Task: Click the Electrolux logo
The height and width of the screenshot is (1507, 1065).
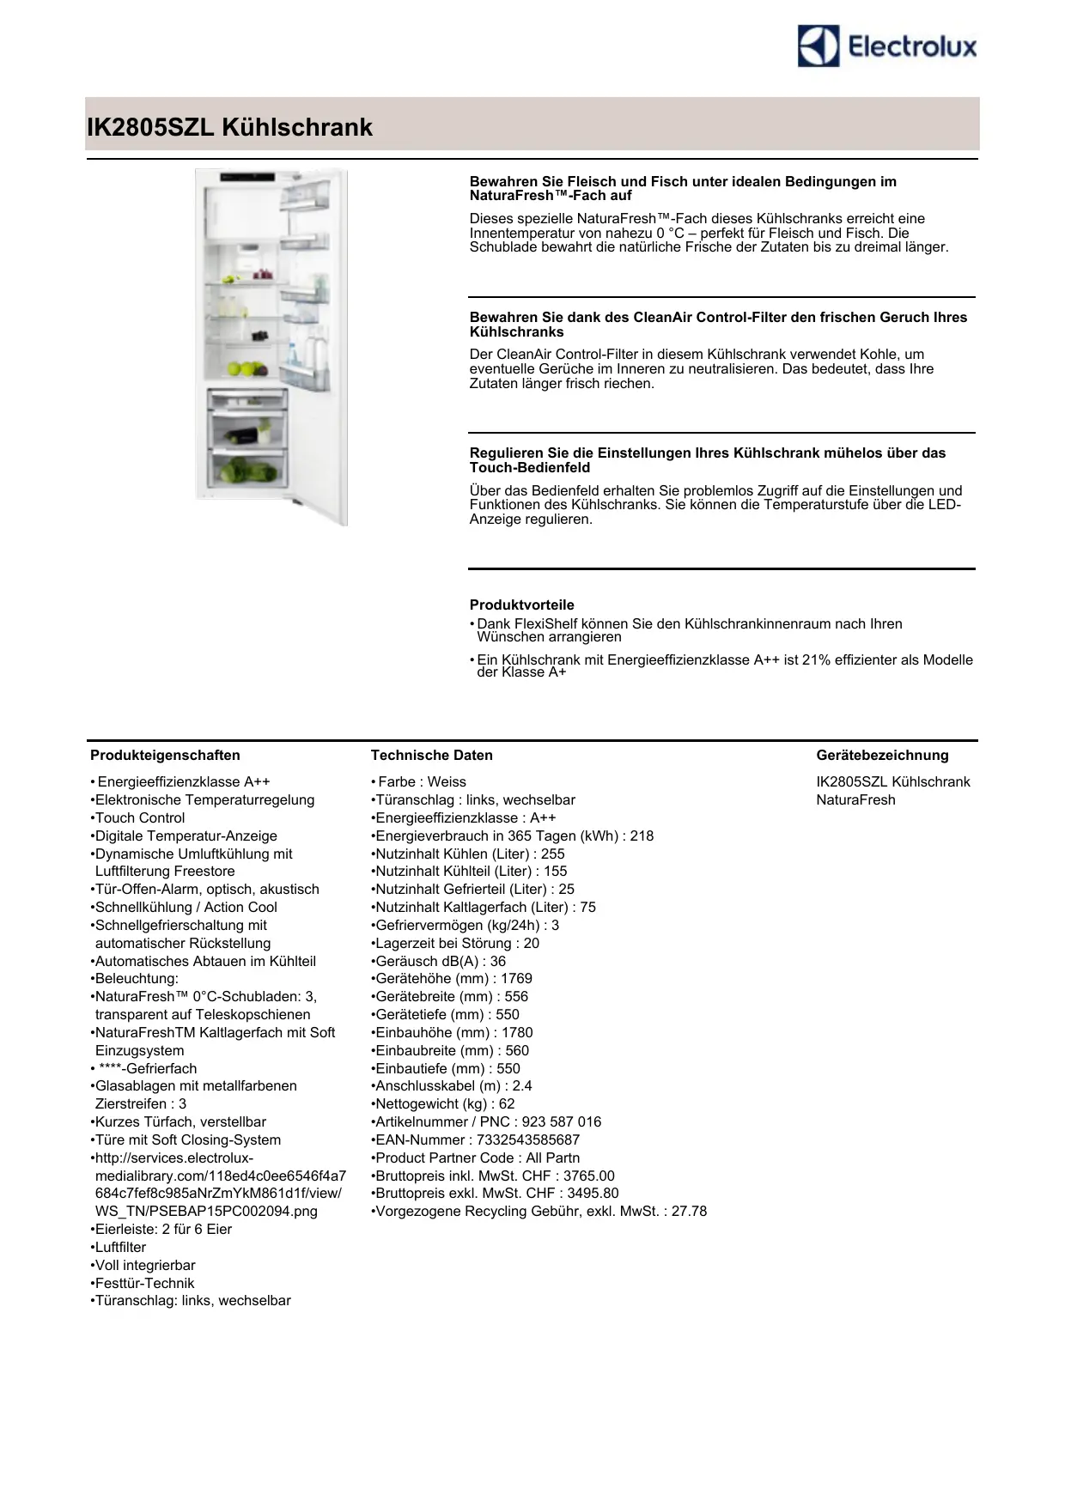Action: point(887,46)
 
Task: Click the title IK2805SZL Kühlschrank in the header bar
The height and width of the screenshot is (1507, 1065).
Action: point(229,127)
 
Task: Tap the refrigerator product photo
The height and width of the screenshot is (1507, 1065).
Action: point(271,346)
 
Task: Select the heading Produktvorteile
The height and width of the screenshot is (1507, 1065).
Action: point(521,605)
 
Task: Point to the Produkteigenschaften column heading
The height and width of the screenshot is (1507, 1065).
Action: point(165,756)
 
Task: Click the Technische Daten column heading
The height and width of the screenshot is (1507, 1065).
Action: point(431,756)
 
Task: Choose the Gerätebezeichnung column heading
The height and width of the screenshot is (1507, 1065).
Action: point(882,756)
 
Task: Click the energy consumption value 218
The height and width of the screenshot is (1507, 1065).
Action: point(642,836)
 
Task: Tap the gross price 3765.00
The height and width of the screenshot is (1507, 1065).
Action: point(588,1176)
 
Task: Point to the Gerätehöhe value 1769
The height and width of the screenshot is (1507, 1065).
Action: point(516,979)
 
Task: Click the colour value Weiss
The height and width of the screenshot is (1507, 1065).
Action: point(447,782)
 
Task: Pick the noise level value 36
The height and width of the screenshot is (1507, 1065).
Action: point(498,961)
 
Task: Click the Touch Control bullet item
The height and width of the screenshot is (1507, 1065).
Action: point(139,817)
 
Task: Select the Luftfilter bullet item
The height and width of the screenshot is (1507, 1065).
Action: point(120,1247)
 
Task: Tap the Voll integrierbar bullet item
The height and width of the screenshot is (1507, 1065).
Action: point(144,1265)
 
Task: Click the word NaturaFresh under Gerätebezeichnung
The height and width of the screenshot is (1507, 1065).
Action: point(855,799)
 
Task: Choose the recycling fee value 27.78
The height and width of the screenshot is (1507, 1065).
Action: point(689,1211)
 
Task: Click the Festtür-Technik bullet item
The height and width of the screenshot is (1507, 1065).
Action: point(144,1283)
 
